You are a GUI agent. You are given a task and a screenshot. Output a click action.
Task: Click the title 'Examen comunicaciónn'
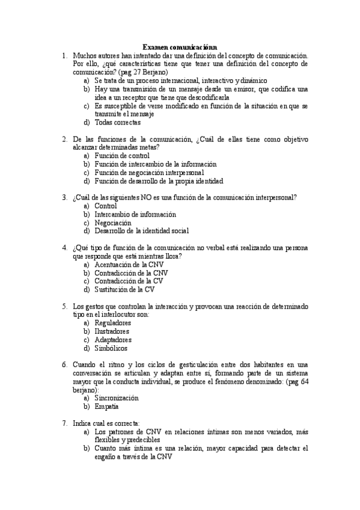pyautogui.click(x=180, y=46)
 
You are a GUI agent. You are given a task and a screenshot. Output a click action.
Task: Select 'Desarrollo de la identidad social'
pyautogui.click(x=142, y=231)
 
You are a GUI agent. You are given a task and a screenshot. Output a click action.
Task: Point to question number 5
pyautogui.click(x=64, y=306)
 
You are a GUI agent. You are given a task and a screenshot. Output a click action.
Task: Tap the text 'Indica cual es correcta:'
pyautogui.click(x=106, y=423)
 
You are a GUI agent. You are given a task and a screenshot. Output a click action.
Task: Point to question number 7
pyautogui.click(x=64, y=423)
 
